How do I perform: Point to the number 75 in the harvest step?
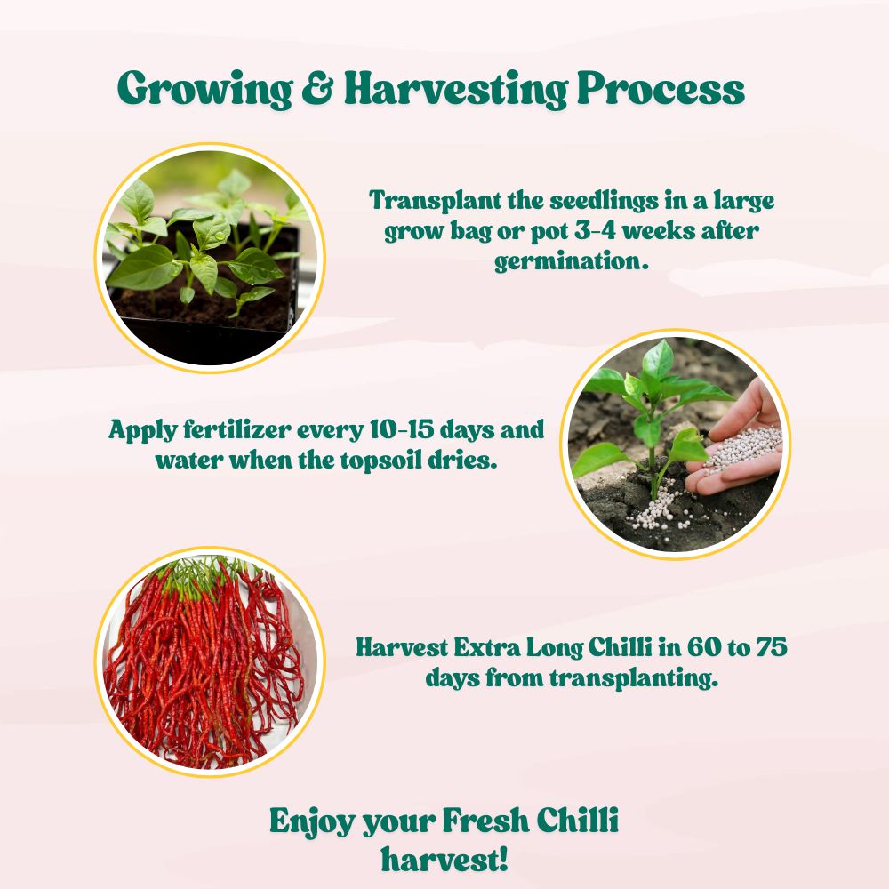coord(769,646)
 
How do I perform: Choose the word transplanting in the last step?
coord(633,678)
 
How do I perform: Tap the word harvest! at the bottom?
coord(444,860)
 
